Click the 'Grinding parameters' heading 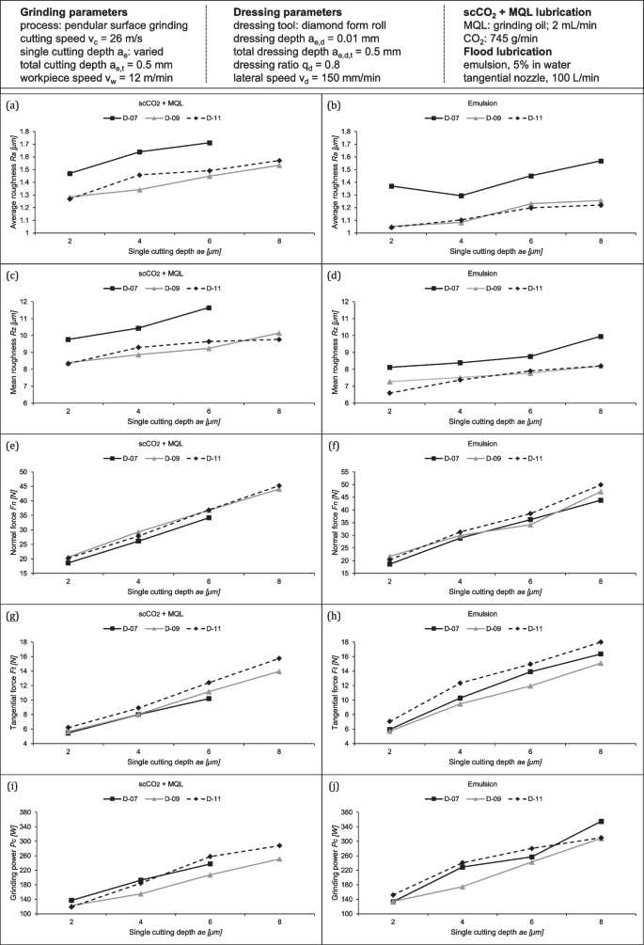point(73,12)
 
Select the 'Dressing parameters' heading point(288,12)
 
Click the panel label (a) point(12,105)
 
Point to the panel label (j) point(333,786)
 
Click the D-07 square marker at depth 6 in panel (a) point(209,143)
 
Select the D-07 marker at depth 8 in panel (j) point(601,822)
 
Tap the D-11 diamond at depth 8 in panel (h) point(601,642)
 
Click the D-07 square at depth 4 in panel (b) point(461,196)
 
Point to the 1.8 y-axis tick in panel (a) point(25,132)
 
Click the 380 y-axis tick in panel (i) point(24,811)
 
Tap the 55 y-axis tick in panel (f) point(348,472)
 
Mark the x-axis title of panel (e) point(174,591)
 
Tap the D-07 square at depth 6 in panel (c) point(209,308)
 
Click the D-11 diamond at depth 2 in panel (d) point(390,393)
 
